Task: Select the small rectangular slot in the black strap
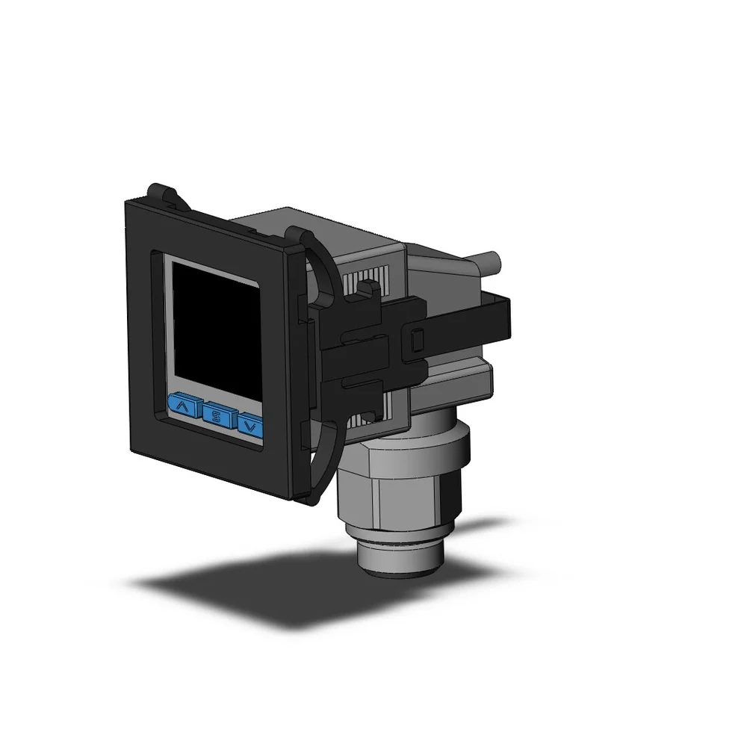415,341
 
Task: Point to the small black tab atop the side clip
366,288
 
